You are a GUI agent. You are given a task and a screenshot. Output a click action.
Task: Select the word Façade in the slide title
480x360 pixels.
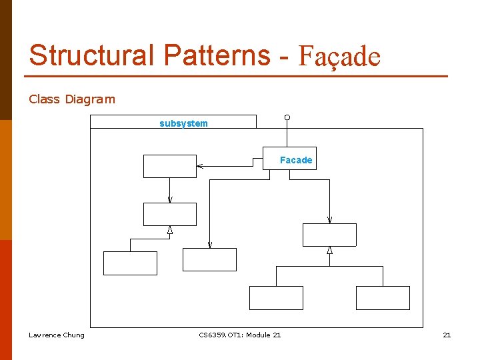point(339,57)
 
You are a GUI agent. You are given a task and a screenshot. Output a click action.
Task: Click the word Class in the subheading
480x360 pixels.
point(44,99)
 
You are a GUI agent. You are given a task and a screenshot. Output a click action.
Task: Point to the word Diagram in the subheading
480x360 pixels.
point(90,99)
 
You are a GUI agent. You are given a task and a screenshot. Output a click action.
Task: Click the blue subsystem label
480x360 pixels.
point(183,123)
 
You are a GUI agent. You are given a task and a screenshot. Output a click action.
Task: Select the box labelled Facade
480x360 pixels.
point(289,159)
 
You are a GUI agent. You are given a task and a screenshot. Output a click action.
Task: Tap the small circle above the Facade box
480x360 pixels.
point(287,118)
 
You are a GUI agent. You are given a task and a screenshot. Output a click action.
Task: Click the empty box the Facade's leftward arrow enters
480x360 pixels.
point(170,166)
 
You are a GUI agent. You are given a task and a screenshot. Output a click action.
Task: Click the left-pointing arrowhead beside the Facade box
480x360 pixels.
point(200,166)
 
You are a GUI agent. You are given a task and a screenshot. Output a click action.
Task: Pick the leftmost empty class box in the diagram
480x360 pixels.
point(130,263)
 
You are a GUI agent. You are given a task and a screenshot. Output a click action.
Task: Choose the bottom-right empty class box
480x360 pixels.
point(383,298)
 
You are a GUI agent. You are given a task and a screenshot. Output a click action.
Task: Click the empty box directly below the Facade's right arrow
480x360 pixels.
point(329,235)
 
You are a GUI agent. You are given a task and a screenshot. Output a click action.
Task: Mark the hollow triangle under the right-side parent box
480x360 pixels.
point(329,251)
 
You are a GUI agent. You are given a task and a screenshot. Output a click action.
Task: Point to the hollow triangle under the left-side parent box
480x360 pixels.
point(170,230)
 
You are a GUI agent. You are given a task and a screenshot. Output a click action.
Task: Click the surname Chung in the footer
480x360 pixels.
point(73,335)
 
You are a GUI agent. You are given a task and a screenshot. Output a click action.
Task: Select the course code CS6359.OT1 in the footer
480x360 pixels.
point(221,335)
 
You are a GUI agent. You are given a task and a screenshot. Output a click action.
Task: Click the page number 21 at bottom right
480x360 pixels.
point(447,335)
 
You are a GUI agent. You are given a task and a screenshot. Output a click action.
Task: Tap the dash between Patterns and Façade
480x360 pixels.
point(284,57)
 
